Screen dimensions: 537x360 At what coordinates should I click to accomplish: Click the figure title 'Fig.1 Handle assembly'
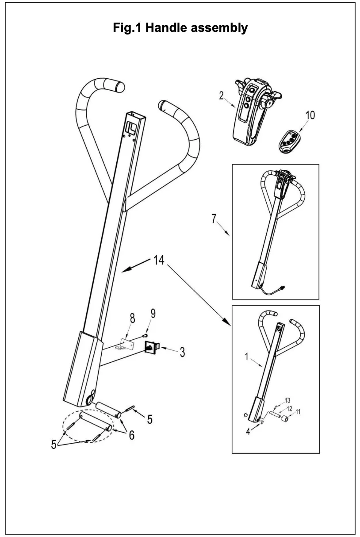click(179, 28)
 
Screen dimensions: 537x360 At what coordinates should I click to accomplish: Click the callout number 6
click(131, 435)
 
